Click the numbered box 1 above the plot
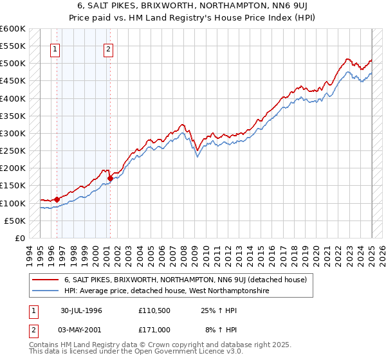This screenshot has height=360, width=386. pos(55,50)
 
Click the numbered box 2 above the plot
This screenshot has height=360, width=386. pos(108,50)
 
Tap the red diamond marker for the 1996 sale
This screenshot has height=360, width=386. pos(57,199)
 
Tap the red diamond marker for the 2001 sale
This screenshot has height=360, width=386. pos(111,178)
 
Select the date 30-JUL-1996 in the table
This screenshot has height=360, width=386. pos(82,310)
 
